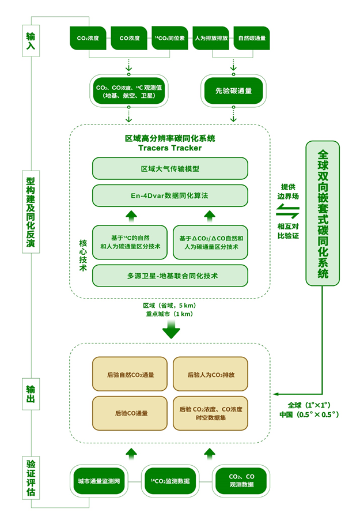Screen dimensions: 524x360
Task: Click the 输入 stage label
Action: click(31, 40)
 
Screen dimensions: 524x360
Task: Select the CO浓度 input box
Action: click(129, 39)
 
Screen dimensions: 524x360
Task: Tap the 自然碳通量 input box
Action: click(252, 39)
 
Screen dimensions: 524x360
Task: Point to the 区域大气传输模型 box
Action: click(170, 169)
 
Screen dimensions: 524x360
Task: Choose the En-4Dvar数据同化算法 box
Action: click(170, 196)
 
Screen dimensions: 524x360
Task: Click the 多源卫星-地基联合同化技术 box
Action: click(170, 276)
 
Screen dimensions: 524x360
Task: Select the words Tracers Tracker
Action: click(170, 148)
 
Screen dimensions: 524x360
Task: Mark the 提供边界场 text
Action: click(290, 191)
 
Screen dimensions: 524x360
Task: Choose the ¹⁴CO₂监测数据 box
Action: click(170, 481)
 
